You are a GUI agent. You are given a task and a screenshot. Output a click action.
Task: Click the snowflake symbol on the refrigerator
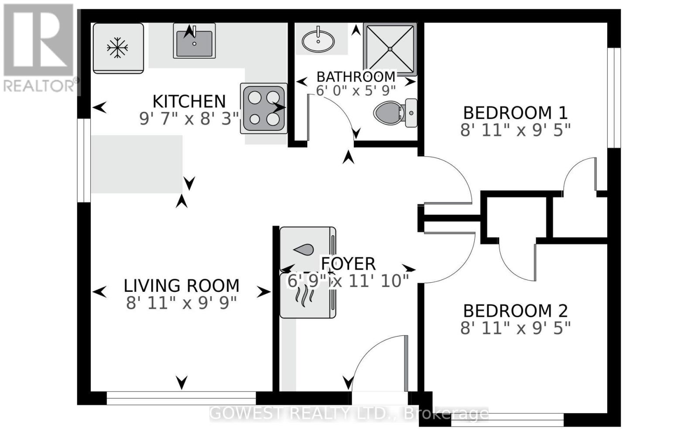(117, 48)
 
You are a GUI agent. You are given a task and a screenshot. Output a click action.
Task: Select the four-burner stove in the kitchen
(263, 108)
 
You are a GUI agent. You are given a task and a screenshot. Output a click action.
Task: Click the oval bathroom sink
(318, 41)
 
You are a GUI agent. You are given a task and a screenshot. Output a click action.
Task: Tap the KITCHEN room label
(189, 102)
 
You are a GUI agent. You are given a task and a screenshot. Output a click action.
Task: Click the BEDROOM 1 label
(515, 113)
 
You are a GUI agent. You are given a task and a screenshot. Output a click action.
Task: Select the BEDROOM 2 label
(515, 311)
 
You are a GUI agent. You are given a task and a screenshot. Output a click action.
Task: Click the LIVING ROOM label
(181, 286)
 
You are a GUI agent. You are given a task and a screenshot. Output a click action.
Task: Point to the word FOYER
(348, 264)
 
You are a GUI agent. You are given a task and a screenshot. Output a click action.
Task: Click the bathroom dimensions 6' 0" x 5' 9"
(356, 91)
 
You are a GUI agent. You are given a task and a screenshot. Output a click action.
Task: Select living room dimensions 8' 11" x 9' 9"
(181, 303)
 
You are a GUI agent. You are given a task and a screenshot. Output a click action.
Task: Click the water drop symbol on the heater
(304, 250)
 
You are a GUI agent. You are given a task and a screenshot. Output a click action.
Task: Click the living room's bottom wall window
(181, 398)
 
